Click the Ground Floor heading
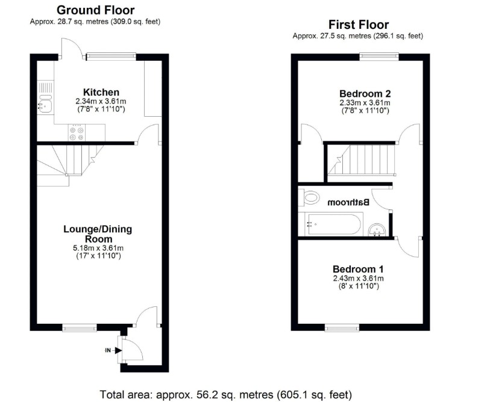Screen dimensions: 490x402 tap(95, 10)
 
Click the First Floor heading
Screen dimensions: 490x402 tap(359, 25)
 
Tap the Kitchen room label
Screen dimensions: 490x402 tap(101, 92)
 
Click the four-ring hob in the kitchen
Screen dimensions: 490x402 tap(77, 133)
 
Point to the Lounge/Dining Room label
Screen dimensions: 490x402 tap(98, 234)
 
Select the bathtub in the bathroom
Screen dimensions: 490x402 tap(331, 224)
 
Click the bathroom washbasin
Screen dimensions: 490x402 tap(377, 230)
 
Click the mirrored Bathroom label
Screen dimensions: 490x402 tap(348, 202)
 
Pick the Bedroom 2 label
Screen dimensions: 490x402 tap(365, 94)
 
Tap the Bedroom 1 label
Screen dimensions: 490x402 tap(358, 269)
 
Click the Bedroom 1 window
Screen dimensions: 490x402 tap(342, 327)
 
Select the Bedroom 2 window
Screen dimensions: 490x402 tap(379, 57)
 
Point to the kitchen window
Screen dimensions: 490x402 tap(112, 57)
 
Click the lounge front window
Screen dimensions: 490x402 tap(80, 327)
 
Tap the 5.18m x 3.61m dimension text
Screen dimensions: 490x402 tap(98, 249)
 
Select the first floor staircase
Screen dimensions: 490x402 tap(362, 161)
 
